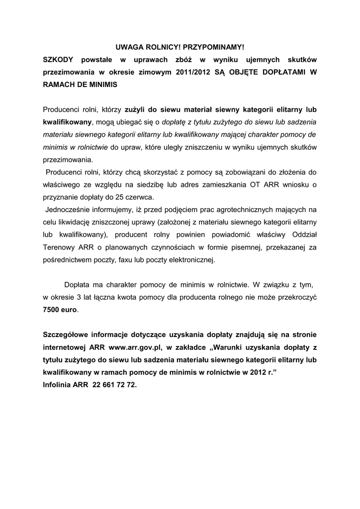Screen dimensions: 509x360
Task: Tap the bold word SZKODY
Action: click(58, 60)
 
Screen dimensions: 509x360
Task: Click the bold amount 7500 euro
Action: click(60, 309)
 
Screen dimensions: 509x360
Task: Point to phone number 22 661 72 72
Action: click(114, 384)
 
